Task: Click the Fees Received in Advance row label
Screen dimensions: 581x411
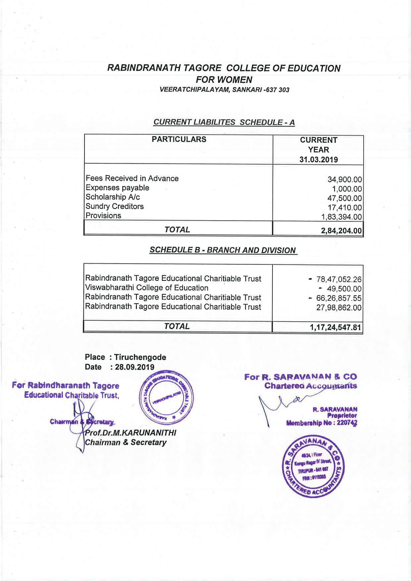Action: [132, 179]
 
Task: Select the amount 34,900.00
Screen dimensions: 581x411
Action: [345, 180]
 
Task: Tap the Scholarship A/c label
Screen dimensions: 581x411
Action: [113, 197]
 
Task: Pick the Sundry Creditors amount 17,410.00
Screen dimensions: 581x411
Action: [345, 208]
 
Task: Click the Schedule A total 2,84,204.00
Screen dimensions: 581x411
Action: [341, 231]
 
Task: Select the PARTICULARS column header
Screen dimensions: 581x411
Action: [179, 139]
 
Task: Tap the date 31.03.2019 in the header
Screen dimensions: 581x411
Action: [319, 160]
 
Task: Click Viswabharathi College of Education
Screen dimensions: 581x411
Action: [147, 288]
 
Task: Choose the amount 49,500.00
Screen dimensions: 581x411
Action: [344, 289]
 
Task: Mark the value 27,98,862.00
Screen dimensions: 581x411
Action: [338, 307]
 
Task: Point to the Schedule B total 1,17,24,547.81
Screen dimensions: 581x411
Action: [335, 328]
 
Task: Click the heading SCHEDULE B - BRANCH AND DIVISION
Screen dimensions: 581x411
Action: [222, 250]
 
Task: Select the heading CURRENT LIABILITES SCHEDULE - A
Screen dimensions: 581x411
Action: [224, 122]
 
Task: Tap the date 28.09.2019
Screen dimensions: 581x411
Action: [135, 367]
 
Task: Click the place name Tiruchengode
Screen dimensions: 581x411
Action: [140, 357]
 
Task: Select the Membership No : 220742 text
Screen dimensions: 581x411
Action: [322, 423]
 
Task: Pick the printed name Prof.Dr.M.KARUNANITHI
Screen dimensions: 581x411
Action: [131, 433]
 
